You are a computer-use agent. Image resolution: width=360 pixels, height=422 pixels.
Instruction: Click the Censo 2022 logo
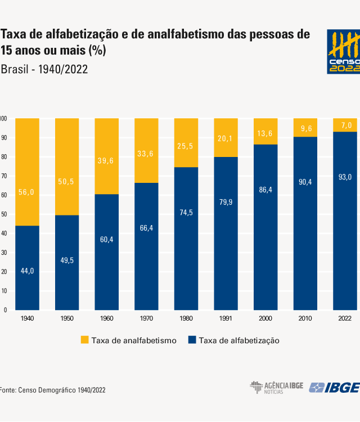(x=343, y=52)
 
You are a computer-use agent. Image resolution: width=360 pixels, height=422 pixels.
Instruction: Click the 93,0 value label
(x=345, y=177)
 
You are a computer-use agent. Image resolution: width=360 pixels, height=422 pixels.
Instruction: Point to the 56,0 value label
(x=27, y=192)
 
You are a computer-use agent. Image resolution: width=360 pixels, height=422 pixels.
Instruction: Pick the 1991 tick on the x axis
(x=226, y=318)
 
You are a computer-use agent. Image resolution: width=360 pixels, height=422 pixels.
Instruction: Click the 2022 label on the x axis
(x=345, y=318)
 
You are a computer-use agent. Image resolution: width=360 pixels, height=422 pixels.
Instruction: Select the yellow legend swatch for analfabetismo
(x=85, y=340)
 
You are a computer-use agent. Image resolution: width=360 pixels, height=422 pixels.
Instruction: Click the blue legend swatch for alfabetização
(x=191, y=340)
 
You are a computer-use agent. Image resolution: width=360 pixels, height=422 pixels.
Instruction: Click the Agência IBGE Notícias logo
(x=277, y=387)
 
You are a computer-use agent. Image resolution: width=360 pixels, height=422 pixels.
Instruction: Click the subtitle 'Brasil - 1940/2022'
(x=44, y=69)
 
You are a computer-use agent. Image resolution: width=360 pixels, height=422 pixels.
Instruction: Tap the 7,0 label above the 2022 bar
(x=345, y=125)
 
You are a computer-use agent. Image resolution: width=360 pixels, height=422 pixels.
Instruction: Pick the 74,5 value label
(x=186, y=213)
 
